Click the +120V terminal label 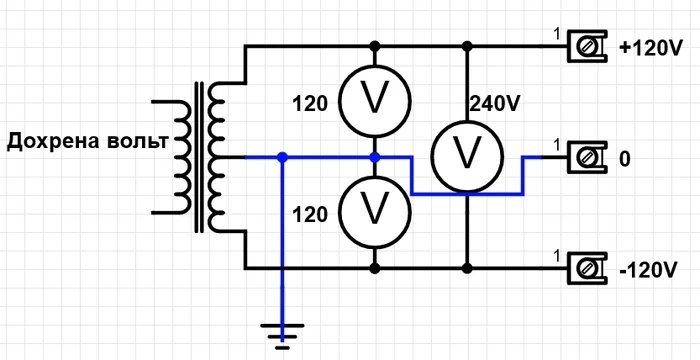click(x=651, y=49)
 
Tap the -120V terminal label click(x=649, y=270)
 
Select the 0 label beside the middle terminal click(x=625, y=159)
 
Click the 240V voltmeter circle click(x=467, y=157)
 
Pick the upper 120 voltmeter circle click(x=375, y=100)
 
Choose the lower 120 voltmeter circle click(x=375, y=212)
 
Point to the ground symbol click(x=282, y=336)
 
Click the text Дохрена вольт click(x=88, y=142)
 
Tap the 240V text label click(x=495, y=105)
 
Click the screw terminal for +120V click(x=587, y=45)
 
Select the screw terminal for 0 click(x=587, y=157)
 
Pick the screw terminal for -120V click(x=587, y=268)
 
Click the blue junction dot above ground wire click(x=282, y=157)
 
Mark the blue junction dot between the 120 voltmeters click(x=375, y=157)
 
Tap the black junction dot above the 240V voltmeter click(x=467, y=46)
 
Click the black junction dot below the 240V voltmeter click(x=467, y=268)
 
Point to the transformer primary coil click(x=179, y=157)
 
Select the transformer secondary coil click(x=219, y=157)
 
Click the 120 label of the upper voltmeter click(x=310, y=105)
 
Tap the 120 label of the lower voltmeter click(x=310, y=216)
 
